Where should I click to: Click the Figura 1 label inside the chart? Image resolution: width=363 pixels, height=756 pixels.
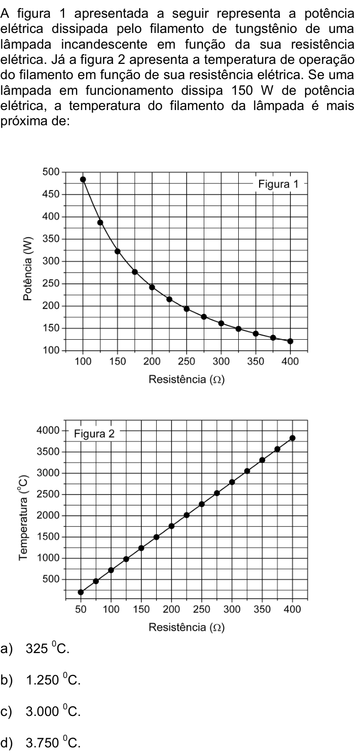coord(278,184)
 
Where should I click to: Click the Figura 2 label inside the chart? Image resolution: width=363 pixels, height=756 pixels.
coord(94,434)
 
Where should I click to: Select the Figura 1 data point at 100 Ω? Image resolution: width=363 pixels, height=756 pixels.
coord(83,179)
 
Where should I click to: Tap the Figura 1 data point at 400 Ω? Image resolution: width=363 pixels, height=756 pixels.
coord(291,341)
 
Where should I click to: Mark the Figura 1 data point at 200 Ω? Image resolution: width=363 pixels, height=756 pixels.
coord(152,287)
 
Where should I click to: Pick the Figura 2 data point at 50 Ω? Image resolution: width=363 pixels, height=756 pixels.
coord(81,592)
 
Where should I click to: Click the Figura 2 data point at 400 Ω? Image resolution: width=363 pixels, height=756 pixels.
coord(293,438)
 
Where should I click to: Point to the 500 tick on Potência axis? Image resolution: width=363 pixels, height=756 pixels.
coord(51,172)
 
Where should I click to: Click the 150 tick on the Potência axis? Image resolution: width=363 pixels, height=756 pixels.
coord(51,328)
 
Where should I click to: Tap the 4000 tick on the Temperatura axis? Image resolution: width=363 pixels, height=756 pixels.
coord(48,430)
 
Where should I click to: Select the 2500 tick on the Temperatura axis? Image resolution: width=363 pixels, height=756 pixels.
coord(48,494)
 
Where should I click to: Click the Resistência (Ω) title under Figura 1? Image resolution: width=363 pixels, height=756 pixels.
coord(187,379)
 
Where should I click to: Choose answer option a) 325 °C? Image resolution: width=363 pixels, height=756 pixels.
coord(35,649)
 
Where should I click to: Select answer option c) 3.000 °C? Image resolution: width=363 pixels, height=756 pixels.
coord(41,711)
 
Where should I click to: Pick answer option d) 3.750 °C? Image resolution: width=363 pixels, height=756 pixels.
coord(41,742)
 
